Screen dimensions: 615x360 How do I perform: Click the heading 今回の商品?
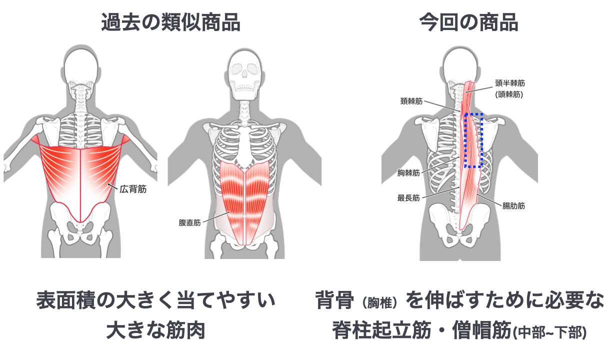coord(468,22)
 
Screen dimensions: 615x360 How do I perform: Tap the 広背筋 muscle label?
coord(133,190)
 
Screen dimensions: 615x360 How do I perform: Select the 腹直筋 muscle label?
coord(189,222)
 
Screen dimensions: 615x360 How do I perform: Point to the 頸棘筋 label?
coord(411,101)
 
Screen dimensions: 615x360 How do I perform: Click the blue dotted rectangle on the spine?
coord(473,140)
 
